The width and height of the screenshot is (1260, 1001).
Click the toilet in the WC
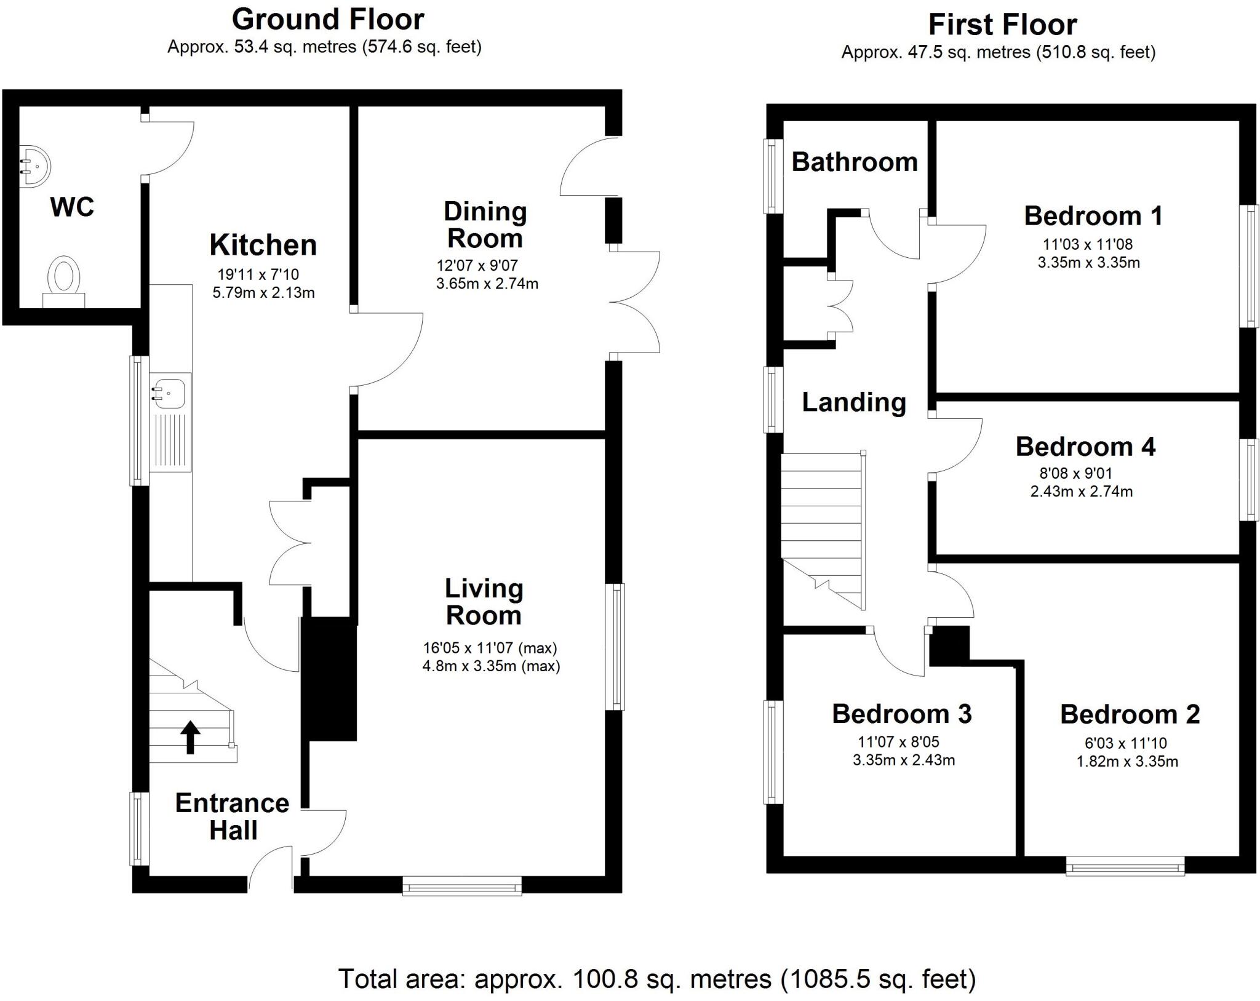pos(64,280)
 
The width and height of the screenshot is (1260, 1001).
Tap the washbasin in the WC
pos(35,166)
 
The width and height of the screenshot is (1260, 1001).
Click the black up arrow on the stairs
pos(190,736)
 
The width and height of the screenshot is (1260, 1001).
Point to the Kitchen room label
pos(263,245)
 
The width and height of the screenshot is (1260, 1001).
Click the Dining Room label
pos(485,225)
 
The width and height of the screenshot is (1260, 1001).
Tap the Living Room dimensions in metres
pos(491,666)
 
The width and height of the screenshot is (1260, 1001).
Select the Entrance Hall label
pos(233,816)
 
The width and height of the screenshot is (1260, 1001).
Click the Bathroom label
pos(854,162)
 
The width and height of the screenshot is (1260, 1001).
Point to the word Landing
pos(854,402)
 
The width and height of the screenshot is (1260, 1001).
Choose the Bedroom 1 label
pos(1093,216)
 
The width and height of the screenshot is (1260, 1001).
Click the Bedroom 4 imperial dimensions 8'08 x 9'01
pos(1075,473)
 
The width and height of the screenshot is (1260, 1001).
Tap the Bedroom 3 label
pos(902,714)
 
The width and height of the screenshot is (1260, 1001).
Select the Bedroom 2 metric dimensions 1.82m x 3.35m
pos(1127,761)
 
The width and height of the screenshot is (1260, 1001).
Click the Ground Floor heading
pos(328,20)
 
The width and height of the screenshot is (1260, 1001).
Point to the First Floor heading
pos(1002,25)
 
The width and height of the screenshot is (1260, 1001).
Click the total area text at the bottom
pos(657,978)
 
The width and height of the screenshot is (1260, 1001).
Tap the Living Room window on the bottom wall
pos(462,887)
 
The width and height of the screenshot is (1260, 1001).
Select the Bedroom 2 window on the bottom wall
pos(1125,868)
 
